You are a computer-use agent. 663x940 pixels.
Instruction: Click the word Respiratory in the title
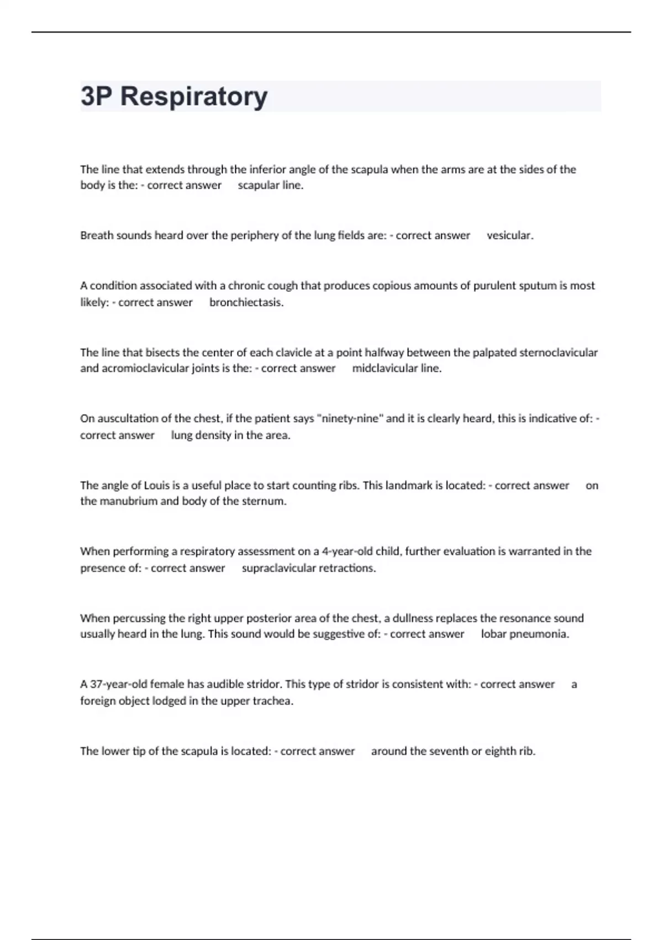(x=194, y=97)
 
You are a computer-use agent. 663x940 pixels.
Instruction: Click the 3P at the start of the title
(x=97, y=97)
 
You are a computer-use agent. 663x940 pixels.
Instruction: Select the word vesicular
(x=509, y=236)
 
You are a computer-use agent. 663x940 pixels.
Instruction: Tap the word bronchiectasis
(x=246, y=302)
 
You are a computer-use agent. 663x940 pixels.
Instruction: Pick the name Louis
(x=157, y=485)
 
